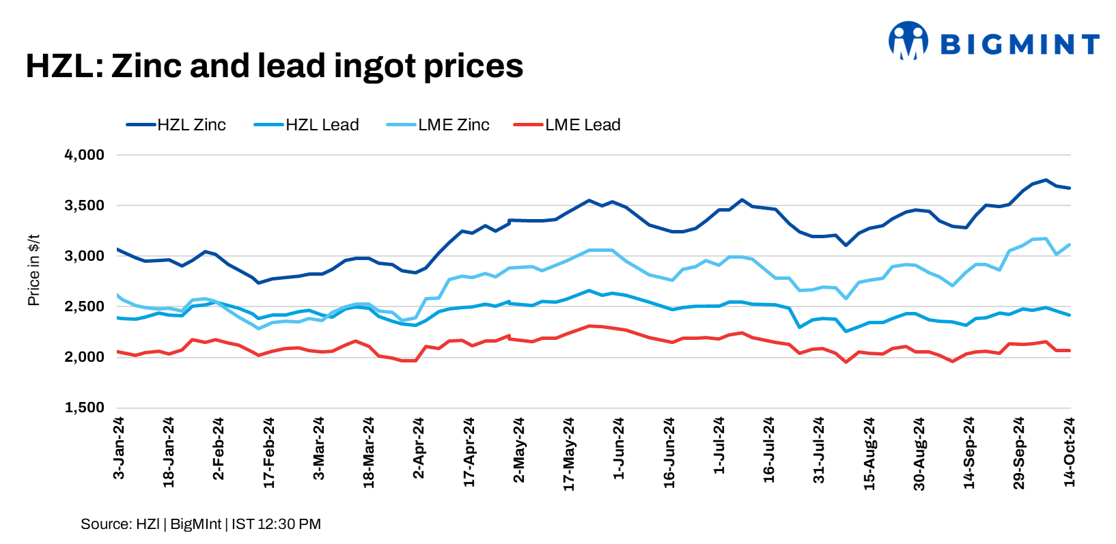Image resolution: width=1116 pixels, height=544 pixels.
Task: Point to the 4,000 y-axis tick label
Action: point(85,155)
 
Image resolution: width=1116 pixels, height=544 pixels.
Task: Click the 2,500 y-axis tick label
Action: point(85,306)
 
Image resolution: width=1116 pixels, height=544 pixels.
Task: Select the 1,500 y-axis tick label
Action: point(85,407)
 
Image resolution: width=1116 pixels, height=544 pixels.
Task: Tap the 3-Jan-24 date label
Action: point(118,448)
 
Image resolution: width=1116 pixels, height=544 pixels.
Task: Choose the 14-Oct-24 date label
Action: point(1070,452)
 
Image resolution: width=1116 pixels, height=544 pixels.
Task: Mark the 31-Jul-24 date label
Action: point(819,450)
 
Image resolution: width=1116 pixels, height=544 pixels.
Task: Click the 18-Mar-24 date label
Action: point(369,453)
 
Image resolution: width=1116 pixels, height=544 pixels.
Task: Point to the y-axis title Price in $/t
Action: point(33,270)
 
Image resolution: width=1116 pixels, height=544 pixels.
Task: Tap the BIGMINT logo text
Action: point(1019,44)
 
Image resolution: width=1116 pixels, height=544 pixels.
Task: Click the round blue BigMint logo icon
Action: point(908,40)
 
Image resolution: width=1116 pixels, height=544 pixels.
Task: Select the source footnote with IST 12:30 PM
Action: point(201,524)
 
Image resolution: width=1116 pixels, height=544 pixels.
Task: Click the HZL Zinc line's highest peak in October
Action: point(1046,180)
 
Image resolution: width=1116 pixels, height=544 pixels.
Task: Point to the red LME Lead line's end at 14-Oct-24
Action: point(1070,350)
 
